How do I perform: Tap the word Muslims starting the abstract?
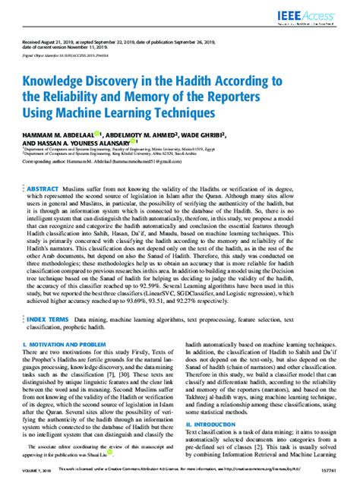coord(98,187)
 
